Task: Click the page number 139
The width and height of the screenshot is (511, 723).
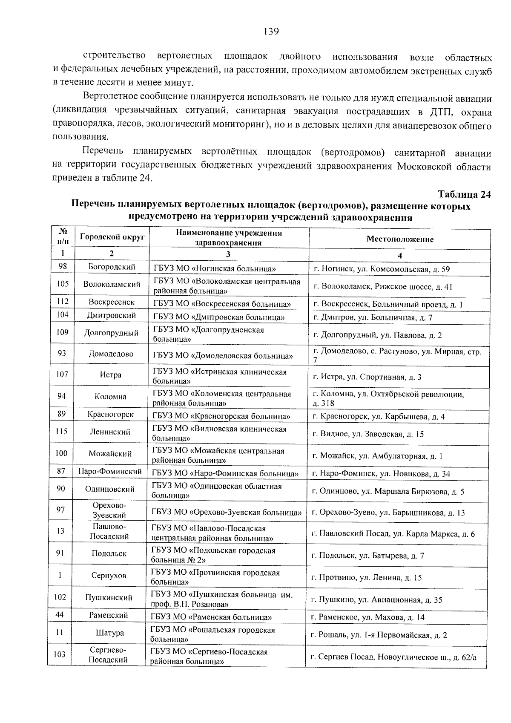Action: click(x=271, y=31)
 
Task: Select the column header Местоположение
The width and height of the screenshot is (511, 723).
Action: click(x=399, y=239)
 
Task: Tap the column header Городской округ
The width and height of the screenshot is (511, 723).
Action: click(x=112, y=237)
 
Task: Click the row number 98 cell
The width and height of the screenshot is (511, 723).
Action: click(x=63, y=267)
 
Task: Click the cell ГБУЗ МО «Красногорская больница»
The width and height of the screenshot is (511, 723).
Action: click(x=221, y=416)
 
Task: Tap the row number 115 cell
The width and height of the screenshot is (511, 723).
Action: click(x=62, y=432)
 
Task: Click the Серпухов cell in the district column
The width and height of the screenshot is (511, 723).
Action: click(x=109, y=576)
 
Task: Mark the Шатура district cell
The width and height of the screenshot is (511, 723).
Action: click(x=110, y=634)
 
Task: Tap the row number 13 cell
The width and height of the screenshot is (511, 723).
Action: click(x=60, y=531)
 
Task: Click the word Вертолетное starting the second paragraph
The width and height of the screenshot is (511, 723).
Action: click(x=108, y=99)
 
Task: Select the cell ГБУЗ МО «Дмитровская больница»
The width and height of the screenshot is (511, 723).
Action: click(x=218, y=317)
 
